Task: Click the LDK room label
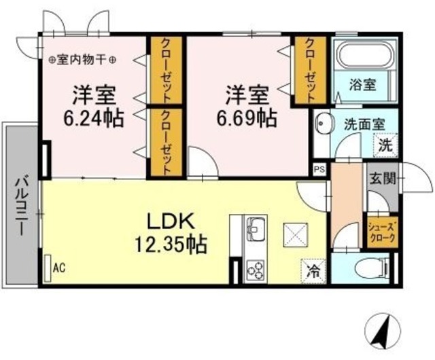coord(172,221)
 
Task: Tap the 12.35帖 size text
coord(172,243)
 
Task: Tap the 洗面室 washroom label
coord(364,125)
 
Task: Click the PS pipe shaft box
coord(318,168)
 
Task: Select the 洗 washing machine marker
coord(385,145)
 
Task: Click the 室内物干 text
coord(82,60)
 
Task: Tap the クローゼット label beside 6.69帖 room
coord(309,71)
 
